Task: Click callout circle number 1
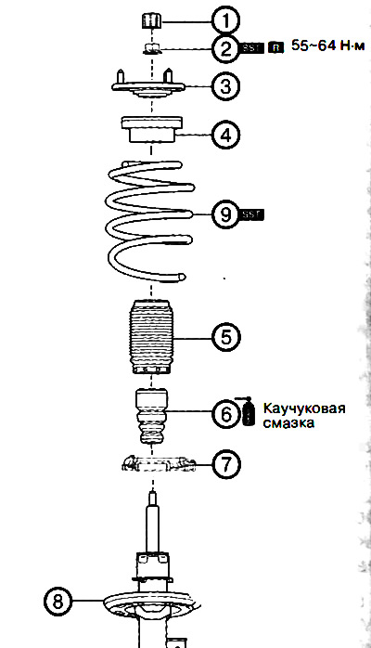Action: (x=224, y=18)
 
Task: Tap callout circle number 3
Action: (x=224, y=86)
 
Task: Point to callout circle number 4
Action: (x=224, y=135)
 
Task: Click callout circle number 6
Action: (x=224, y=414)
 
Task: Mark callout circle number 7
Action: (x=224, y=464)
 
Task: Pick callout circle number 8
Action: (x=58, y=602)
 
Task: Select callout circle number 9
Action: (x=224, y=214)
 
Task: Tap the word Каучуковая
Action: (x=304, y=408)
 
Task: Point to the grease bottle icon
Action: (x=249, y=412)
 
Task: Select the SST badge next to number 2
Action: (x=252, y=46)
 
